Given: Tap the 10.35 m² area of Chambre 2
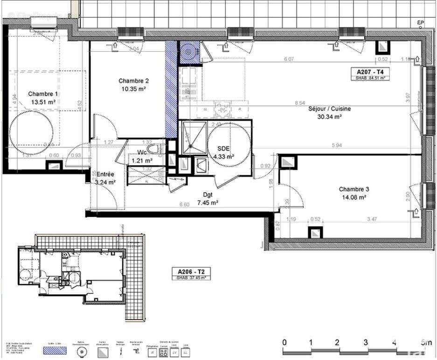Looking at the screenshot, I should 133,89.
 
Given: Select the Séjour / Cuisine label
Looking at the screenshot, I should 329,109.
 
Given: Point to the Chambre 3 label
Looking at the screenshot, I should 354,189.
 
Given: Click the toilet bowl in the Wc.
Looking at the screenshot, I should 158,149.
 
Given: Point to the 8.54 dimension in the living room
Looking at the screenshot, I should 300,103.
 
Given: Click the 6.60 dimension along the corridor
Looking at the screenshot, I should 184,204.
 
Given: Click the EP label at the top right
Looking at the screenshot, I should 421,22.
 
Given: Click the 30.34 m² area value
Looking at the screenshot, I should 329,117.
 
